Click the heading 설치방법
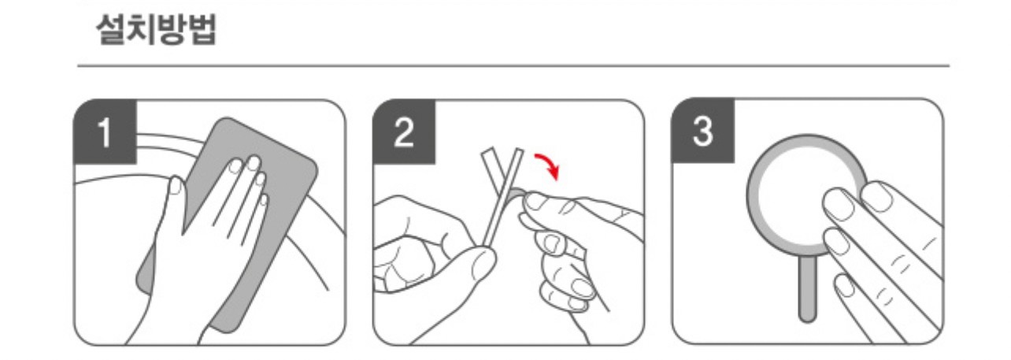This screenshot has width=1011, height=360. click(x=157, y=29)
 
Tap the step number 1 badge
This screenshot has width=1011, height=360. click(x=106, y=132)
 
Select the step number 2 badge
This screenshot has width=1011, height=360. click(x=404, y=132)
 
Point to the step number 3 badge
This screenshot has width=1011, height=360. click(x=702, y=131)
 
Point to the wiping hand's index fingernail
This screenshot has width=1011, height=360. click(x=236, y=165)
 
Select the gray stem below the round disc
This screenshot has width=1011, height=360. click(x=807, y=289)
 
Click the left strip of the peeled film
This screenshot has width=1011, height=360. click(x=492, y=172)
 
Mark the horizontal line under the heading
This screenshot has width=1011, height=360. click(x=513, y=66)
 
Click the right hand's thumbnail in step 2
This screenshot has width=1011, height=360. click(x=536, y=201)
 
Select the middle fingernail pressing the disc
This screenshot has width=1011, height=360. click(x=837, y=241)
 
